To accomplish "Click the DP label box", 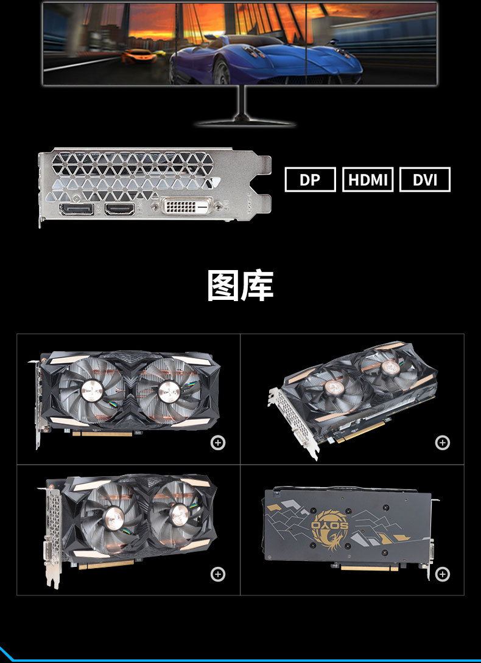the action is click(x=310, y=179).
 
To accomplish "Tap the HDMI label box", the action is click(x=368, y=179).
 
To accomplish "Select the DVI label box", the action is click(x=425, y=179).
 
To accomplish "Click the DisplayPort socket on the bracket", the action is click(x=77, y=209).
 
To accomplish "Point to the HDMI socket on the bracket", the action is click(x=120, y=209).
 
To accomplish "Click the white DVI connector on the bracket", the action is click(x=187, y=206).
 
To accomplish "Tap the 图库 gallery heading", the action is click(x=240, y=286).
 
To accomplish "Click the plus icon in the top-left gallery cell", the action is click(x=218, y=443).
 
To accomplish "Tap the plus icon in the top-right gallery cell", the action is click(x=443, y=443).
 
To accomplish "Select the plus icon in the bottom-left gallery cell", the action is click(x=218, y=574).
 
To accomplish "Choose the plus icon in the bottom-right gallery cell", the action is click(x=443, y=574).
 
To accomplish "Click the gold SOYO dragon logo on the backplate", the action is click(x=330, y=530).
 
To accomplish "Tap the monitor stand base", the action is click(x=245, y=122).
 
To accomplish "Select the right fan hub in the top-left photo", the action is click(x=169, y=392).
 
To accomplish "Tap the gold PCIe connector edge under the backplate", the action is click(x=369, y=568).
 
